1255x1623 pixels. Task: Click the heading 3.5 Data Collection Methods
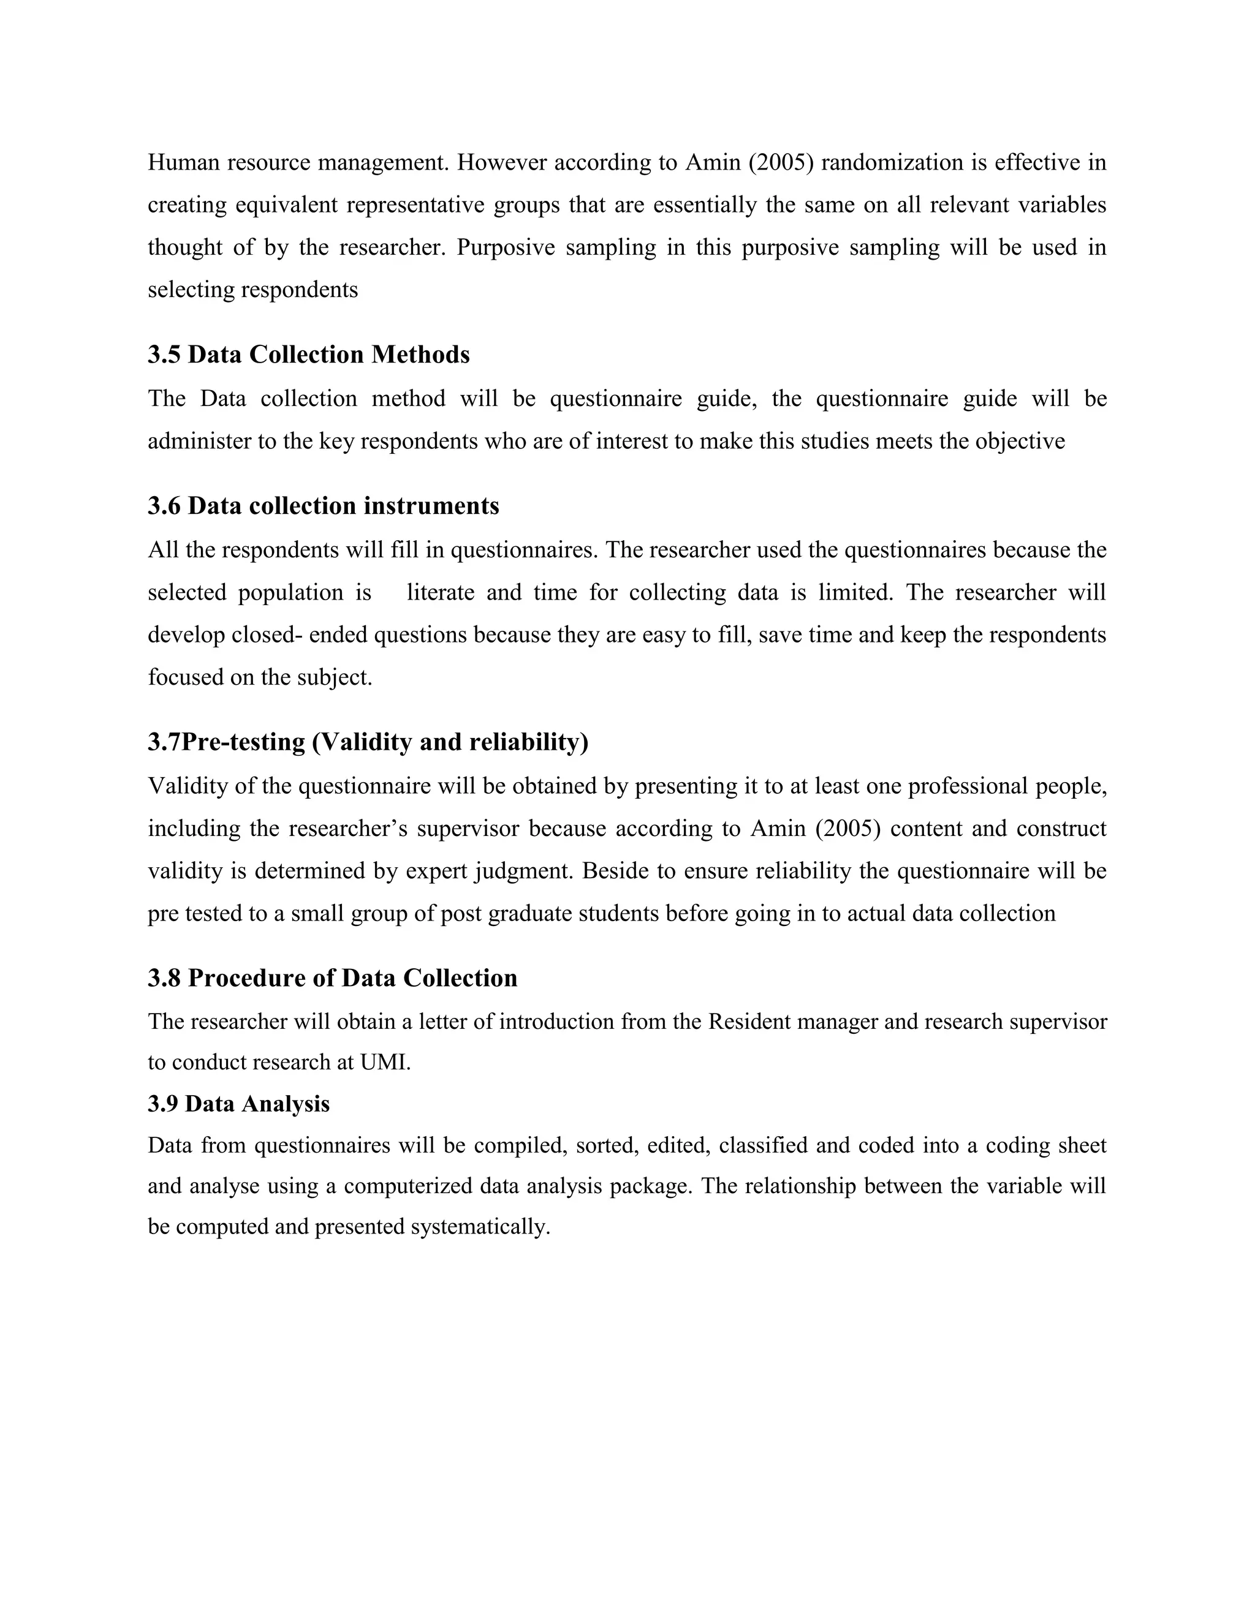point(309,355)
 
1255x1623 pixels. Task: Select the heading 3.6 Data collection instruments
point(324,506)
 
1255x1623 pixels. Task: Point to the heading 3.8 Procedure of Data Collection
point(332,977)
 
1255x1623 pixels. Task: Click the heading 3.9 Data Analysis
point(238,1104)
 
